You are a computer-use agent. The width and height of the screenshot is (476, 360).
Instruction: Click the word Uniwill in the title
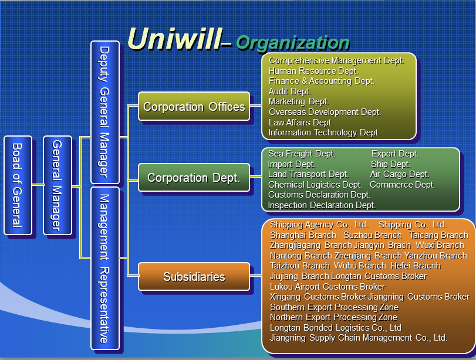[173, 39]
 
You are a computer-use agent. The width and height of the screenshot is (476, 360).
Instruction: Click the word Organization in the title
[292, 42]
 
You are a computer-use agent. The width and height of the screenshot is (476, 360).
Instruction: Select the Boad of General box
[18, 185]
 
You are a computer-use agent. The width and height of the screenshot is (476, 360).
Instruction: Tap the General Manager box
[58, 185]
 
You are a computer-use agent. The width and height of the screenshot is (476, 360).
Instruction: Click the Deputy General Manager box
[105, 112]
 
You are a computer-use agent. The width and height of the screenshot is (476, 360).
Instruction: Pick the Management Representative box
[105, 268]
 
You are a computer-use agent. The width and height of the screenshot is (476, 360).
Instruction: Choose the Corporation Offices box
[194, 107]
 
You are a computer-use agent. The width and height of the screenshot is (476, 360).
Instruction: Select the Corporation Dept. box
[194, 178]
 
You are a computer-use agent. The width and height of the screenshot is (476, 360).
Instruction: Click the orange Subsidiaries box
[194, 277]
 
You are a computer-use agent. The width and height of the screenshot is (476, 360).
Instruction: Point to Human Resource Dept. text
[313, 71]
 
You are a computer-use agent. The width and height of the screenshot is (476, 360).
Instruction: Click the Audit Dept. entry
[289, 91]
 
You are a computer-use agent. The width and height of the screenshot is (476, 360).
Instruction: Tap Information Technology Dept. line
[324, 133]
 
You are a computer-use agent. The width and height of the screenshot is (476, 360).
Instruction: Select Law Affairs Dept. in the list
[301, 123]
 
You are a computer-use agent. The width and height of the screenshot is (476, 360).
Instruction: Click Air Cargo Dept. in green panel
[399, 174]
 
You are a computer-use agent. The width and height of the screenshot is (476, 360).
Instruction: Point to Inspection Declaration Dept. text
[322, 205]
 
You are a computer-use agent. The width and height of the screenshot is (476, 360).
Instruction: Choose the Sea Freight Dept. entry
[302, 154]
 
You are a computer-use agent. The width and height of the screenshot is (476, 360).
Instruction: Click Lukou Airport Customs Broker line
[327, 287]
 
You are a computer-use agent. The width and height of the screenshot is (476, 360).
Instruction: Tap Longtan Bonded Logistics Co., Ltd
[335, 328]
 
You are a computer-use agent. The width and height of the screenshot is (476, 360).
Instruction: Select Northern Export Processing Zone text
[333, 317]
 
